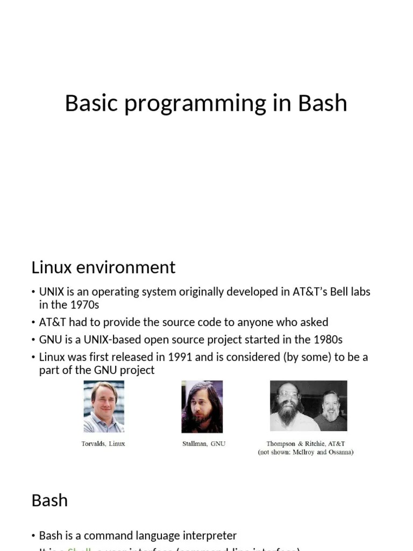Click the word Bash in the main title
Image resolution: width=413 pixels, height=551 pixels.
coord(323,103)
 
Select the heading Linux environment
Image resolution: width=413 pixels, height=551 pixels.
coord(103,267)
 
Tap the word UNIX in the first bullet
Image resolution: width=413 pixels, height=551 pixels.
coord(52,292)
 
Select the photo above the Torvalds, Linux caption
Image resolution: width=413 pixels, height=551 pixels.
coord(104,407)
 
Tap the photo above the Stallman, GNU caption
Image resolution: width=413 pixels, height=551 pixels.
coord(202,407)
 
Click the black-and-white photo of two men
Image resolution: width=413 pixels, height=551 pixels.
coord(308,406)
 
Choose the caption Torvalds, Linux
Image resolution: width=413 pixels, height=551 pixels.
coord(104,444)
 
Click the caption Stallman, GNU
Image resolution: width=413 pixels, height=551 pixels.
coord(204,444)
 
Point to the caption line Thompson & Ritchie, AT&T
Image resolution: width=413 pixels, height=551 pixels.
coord(305,444)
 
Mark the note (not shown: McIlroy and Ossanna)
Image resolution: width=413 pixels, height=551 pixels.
coord(305,453)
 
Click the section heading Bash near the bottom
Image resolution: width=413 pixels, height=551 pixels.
coord(49,500)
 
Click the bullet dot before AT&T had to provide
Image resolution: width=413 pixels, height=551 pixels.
coord(33,322)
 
